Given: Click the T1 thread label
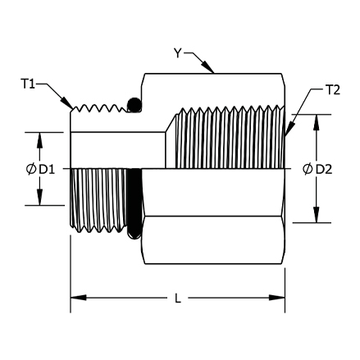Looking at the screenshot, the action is tap(28, 84).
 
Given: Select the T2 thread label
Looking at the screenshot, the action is tap(333, 90).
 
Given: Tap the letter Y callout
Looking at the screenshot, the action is tap(178, 53).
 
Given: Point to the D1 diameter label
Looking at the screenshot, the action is tap(47, 170).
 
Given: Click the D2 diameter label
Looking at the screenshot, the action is tap(324, 170).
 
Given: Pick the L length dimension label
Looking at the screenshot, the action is tap(178, 298).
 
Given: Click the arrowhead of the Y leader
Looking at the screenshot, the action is tap(207, 67).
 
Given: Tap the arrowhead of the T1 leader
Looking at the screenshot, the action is tap(67, 103).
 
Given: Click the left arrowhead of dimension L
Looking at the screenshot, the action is tap(79, 298).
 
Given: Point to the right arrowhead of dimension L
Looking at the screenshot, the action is tap(277, 298).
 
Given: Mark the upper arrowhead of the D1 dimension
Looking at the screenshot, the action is tap(40, 140).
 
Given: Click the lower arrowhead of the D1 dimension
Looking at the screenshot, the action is tap(40, 197).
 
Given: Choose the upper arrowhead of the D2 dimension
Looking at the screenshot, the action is tap(317, 123).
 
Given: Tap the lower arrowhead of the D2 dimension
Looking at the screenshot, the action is tap(317, 215).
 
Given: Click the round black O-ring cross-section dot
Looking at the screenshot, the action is tap(134, 105).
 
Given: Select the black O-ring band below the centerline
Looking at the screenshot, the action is tap(134, 204).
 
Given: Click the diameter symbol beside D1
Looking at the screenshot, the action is tap(31, 170).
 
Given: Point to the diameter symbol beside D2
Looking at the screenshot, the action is tap(308, 170).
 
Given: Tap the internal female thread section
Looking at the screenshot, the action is tap(230, 138).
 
